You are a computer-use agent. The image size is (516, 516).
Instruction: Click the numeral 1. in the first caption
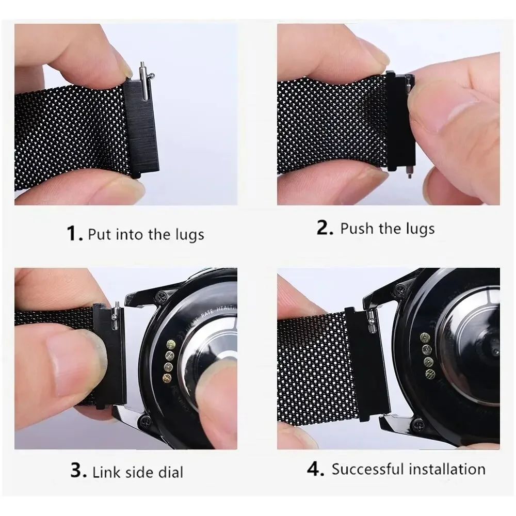click(x=75, y=234)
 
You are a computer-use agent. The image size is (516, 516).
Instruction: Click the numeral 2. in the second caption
click(x=325, y=228)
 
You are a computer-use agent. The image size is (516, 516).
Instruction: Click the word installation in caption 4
click(x=447, y=469)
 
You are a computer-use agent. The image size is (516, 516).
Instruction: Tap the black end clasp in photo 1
click(x=140, y=129)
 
